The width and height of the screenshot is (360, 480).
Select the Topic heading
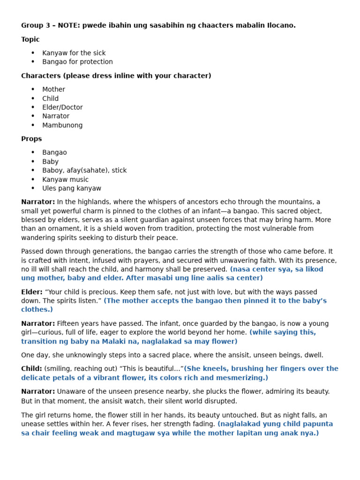coord(30,39)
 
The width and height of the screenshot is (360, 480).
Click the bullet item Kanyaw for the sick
coord(74,53)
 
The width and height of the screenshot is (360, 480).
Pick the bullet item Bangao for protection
coord(77,62)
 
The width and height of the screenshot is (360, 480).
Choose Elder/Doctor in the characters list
coord(62,107)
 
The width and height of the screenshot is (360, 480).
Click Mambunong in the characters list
coord(62,125)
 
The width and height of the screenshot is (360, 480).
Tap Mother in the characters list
coord(53,90)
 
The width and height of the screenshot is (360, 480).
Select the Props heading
coord(31,139)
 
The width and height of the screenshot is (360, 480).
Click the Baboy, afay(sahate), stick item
coord(84,171)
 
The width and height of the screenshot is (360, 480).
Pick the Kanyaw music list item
coord(65,180)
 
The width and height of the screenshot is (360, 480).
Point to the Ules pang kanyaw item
coord(72,188)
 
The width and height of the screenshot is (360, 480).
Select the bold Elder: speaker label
coord(32,292)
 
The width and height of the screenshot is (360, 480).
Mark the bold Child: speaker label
coord(31,369)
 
